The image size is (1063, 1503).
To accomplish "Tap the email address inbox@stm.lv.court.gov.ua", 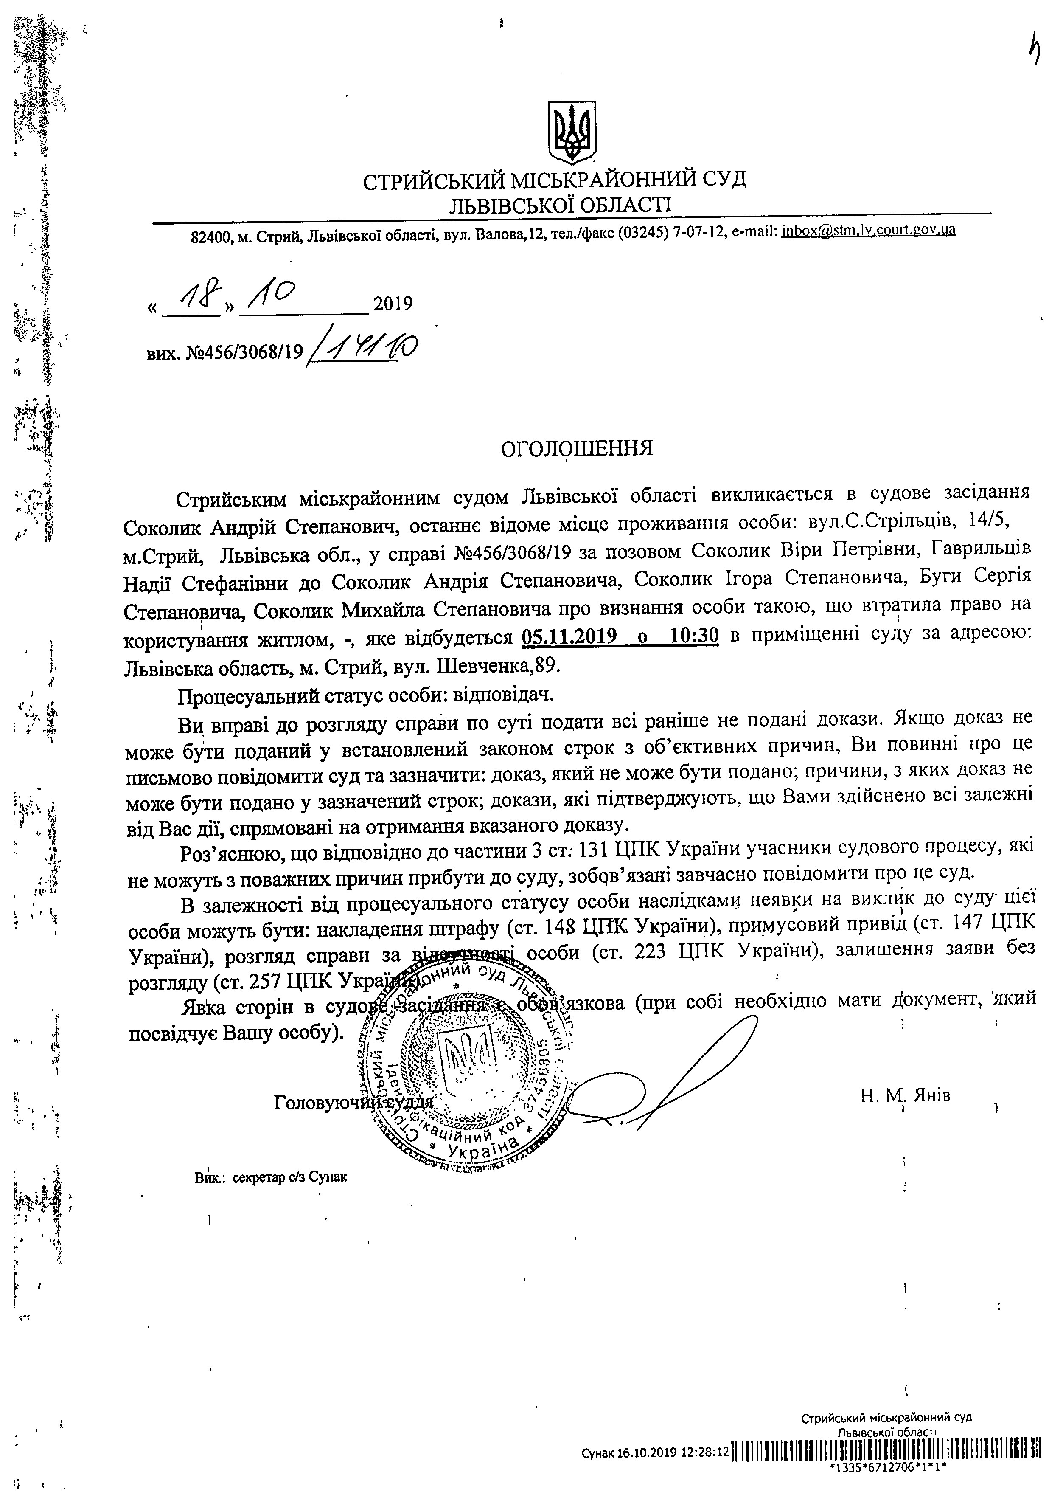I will (868, 231).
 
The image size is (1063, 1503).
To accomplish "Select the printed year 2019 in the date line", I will (393, 304).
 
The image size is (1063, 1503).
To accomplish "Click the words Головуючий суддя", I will (353, 1102).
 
